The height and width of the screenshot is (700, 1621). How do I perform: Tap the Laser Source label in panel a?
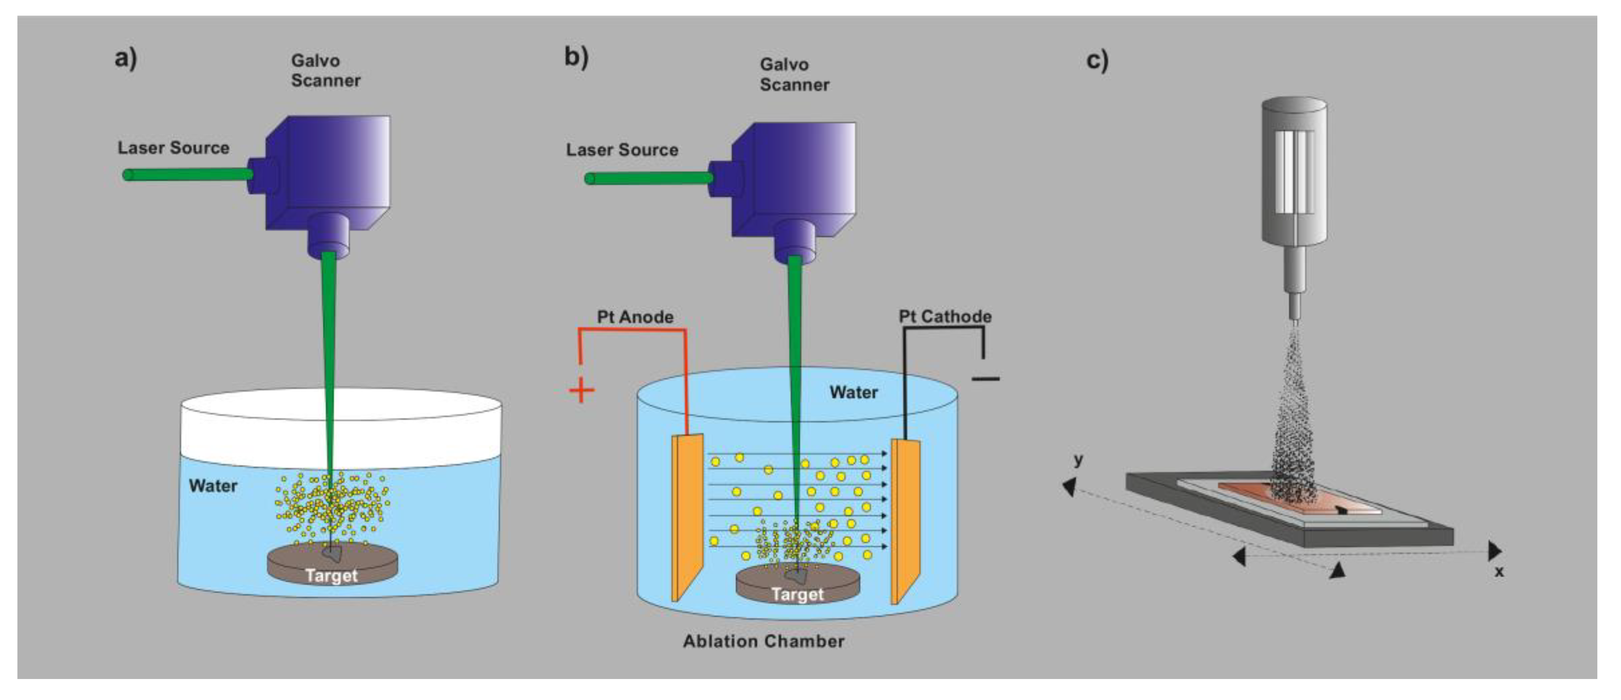click(173, 148)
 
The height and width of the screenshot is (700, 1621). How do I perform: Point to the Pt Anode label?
click(634, 317)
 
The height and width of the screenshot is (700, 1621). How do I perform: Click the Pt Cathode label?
click(945, 317)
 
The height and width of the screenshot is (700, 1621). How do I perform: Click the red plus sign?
click(581, 390)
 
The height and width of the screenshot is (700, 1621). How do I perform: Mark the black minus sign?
click(985, 378)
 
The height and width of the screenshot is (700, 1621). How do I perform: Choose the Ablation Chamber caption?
click(763, 641)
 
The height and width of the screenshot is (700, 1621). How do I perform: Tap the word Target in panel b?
click(797, 594)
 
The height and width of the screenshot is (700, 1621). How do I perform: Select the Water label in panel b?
click(853, 392)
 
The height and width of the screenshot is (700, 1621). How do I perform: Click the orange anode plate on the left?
click(687, 516)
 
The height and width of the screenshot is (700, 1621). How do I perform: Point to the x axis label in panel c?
click(1499, 572)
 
